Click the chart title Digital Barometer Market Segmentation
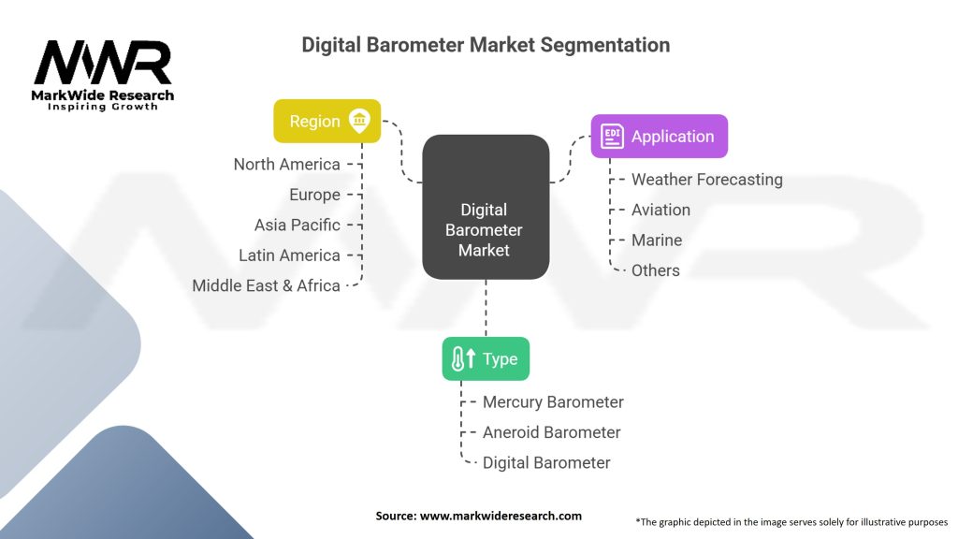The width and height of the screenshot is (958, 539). point(485,45)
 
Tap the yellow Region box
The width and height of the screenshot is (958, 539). point(327,121)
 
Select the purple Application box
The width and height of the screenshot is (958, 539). point(659,136)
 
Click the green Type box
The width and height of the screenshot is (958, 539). point(486,358)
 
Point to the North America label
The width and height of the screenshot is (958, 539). point(286,165)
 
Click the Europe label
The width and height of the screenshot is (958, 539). point(314,195)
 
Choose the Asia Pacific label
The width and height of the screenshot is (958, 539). point(297,225)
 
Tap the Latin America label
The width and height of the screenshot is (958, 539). point(289,255)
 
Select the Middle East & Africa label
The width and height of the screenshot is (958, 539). point(266,285)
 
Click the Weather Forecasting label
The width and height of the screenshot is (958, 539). point(706,180)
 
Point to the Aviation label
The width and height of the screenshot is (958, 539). point(660,210)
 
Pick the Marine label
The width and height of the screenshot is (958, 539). point(657,240)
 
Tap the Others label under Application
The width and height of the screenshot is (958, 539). point(655,270)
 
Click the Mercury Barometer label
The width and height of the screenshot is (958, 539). point(553,402)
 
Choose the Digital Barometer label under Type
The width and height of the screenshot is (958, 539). point(546,462)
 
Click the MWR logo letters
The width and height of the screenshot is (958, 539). point(103,64)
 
